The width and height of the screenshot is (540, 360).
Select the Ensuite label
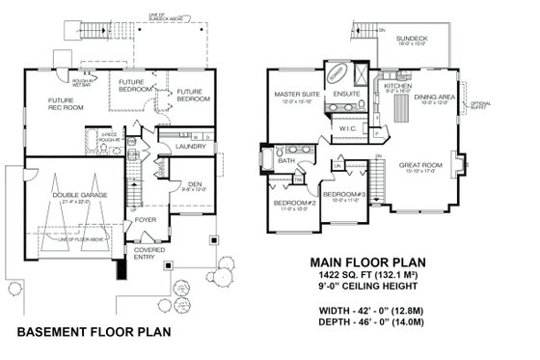tap(346, 94)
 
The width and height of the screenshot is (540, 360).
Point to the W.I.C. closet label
tap(349, 129)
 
